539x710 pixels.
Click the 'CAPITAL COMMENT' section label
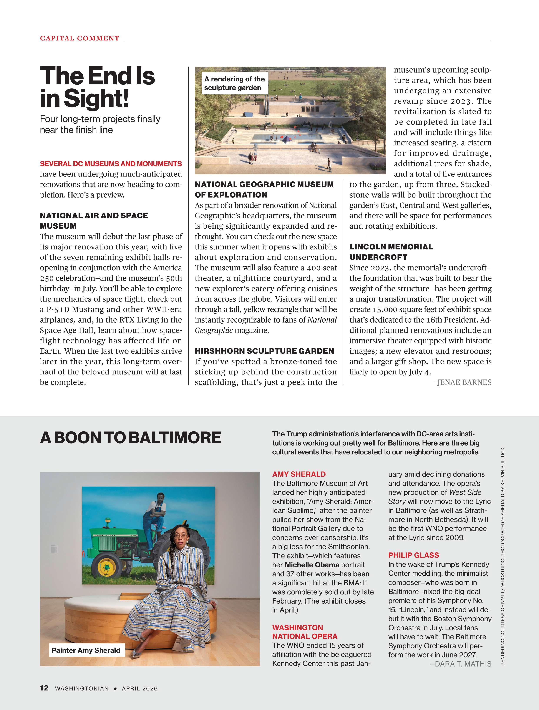pos(80,38)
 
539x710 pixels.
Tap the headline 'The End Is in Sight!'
pos(97,87)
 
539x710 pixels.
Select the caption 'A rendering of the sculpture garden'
pos(235,83)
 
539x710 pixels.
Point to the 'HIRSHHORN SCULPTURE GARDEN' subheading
pos(264,351)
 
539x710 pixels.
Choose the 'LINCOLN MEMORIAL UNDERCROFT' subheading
pos(391,252)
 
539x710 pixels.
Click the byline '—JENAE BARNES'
pos(462,382)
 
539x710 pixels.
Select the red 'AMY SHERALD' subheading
pos(299,474)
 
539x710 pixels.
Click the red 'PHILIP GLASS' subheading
pos(413,555)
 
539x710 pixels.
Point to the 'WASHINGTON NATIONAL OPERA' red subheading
pos(304,632)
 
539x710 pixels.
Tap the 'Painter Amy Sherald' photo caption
pos(86,650)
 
